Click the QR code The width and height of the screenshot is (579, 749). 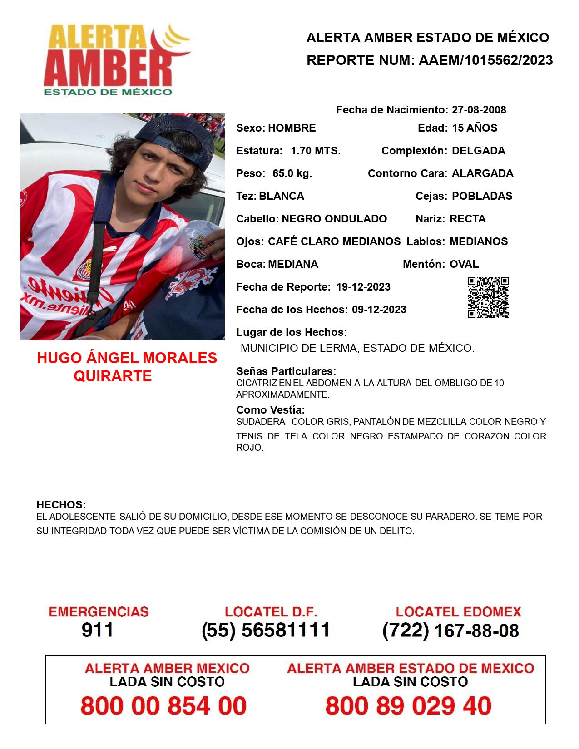pyautogui.click(x=488, y=297)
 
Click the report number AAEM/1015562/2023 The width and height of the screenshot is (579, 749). pyautogui.click(x=485, y=60)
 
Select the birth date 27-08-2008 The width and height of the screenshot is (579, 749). pyautogui.click(x=479, y=110)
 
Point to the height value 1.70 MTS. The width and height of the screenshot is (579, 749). pyautogui.click(x=316, y=151)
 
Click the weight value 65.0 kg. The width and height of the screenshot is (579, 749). pyautogui.click(x=292, y=173)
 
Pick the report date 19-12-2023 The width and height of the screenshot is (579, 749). pyautogui.click(x=363, y=287)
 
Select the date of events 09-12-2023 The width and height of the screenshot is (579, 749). pyautogui.click(x=379, y=310)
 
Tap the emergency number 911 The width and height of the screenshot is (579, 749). pyautogui.click(x=98, y=630)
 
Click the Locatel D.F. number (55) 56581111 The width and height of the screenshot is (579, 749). pyautogui.click(x=266, y=630)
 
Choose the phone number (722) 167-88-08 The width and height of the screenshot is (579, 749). pyautogui.click(x=450, y=631)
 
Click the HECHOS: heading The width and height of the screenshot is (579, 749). pyautogui.click(x=61, y=505)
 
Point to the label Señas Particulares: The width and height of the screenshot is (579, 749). pyautogui.click(x=286, y=371)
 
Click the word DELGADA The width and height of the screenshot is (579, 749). pyautogui.click(x=478, y=151)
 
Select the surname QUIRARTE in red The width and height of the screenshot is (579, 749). pyautogui.click(x=113, y=376)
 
